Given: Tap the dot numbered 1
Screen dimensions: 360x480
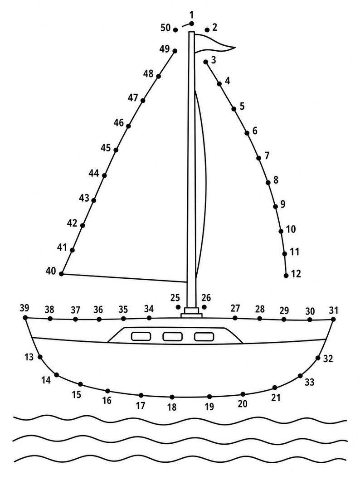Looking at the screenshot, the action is pyautogui.click(x=192, y=24).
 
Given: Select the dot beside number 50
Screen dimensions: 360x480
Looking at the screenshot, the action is pyautogui.click(x=175, y=30).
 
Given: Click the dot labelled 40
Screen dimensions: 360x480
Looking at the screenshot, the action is pyautogui.click(x=61, y=274).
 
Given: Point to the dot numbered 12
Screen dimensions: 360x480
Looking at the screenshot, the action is pyautogui.click(x=286, y=276).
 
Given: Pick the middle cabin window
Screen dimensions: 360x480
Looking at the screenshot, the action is pyautogui.click(x=173, y=337).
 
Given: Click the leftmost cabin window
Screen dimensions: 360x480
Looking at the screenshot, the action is pyautogui.click(x=141, y=336).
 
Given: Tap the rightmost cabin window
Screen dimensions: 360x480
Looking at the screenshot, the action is pyautogui.click(x=204, y=337).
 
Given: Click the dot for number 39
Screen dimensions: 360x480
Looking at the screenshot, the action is pyautogui.click(x=25, y=318).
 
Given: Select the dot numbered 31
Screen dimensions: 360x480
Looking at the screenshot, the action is pyautogui.click(x=333, y=319).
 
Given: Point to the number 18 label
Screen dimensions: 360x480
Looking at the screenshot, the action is pyautogui.click(x=172, y=407).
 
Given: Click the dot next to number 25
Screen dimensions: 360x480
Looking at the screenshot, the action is pyautogui.click(x=178, y=307).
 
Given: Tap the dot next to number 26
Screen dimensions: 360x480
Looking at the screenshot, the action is pyautogui.click(x=204, y=307).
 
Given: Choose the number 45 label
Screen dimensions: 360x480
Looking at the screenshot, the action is pyautogui.click(x=106, y=148).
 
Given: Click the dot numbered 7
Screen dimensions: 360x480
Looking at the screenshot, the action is pyautogui.click(x=259, y=158).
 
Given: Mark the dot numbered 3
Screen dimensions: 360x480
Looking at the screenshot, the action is pyautogui.click(x=206, y=62).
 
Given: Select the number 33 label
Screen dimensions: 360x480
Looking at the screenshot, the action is pyautogui.click(x=309, y=382).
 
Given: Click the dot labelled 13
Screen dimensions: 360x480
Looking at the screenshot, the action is pyautogui.click(x=40, y=357).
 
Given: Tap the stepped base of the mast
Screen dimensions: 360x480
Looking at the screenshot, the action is pyautogui.click(x=191, y=313).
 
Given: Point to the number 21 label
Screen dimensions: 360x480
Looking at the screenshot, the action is pyautogui.click(x=276, y=398).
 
